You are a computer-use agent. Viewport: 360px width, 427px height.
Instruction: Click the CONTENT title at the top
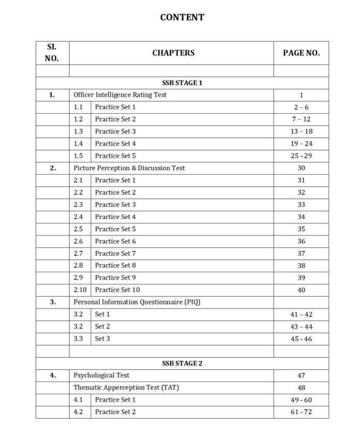(182, 17)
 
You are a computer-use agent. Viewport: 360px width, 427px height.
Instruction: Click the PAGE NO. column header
(301, 53)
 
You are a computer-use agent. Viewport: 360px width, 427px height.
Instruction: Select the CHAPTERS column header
(173, 53)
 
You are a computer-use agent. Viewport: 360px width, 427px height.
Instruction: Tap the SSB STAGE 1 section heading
(182, 83)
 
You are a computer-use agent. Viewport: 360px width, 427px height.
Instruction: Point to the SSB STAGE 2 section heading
(182, 363)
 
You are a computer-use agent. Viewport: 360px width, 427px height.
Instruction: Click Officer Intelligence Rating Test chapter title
(120, 95)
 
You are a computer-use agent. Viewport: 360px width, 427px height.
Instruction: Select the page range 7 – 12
(301, 119)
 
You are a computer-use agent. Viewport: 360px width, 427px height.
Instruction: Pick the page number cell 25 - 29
(301, 156)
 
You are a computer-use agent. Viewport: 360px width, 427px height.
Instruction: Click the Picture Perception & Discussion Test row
(129, 168)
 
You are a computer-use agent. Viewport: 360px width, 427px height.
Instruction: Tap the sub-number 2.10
(80, 290)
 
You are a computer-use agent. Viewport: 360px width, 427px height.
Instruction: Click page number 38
(301, 266)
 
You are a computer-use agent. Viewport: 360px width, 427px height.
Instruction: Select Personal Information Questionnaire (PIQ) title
(137, 302)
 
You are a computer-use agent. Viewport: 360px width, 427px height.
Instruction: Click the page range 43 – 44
(301, 327)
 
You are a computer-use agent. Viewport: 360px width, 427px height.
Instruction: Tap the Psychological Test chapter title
(101, 375)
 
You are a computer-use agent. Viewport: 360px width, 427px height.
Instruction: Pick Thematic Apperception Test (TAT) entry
(126, 388)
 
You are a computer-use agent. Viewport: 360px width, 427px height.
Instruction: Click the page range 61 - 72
(301, 412)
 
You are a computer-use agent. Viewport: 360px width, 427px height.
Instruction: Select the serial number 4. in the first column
(52, 375)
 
